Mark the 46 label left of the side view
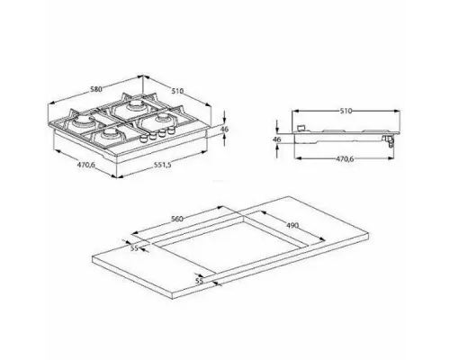click(x=276, y=139)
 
